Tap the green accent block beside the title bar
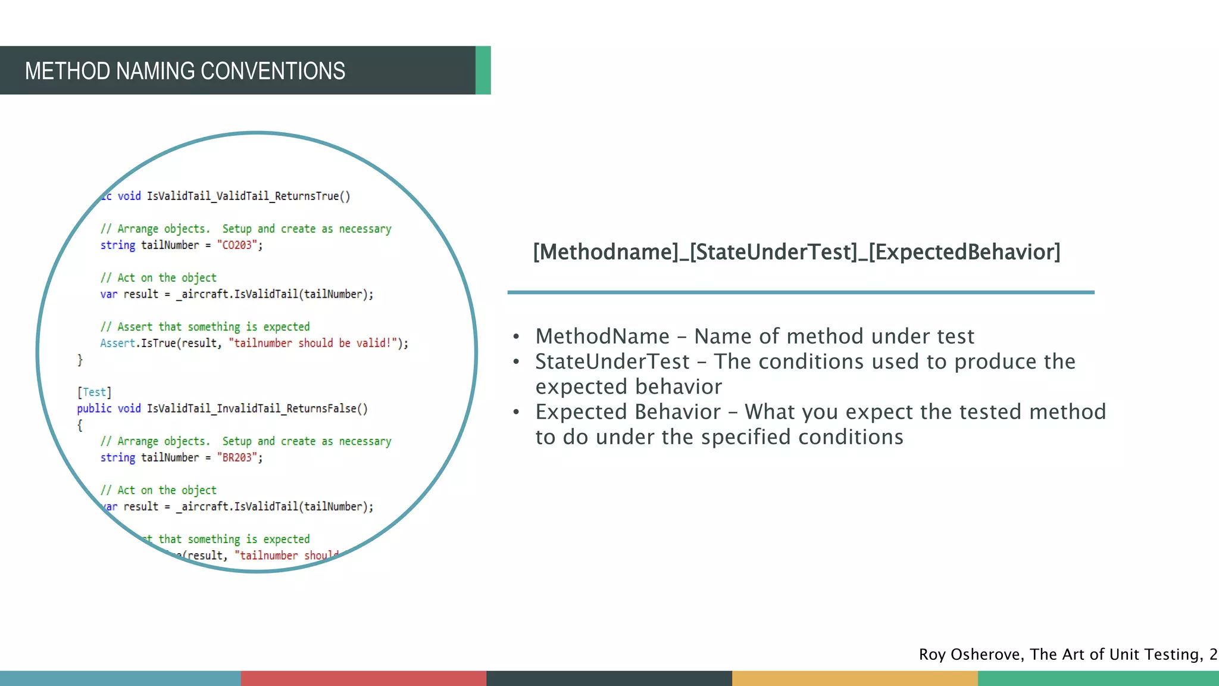coord(483,70)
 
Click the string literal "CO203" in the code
coord(237,245)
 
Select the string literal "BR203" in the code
coord(237,458)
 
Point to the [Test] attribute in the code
coord(94,392)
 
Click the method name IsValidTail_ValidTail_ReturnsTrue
coord(243,197)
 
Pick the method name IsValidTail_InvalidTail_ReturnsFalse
coord(252,409)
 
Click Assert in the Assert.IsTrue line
coord(117,344)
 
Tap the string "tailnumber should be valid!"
coord(313,344)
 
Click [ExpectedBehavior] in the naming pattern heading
coord(964,252)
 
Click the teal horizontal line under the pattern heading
coord(801,292)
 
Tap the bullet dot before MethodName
coord(516,337)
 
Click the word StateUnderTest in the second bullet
coord(612,362)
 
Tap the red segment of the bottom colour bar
coord(363,678)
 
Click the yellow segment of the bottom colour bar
coord(854,678)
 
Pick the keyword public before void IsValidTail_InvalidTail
coord(94,409)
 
